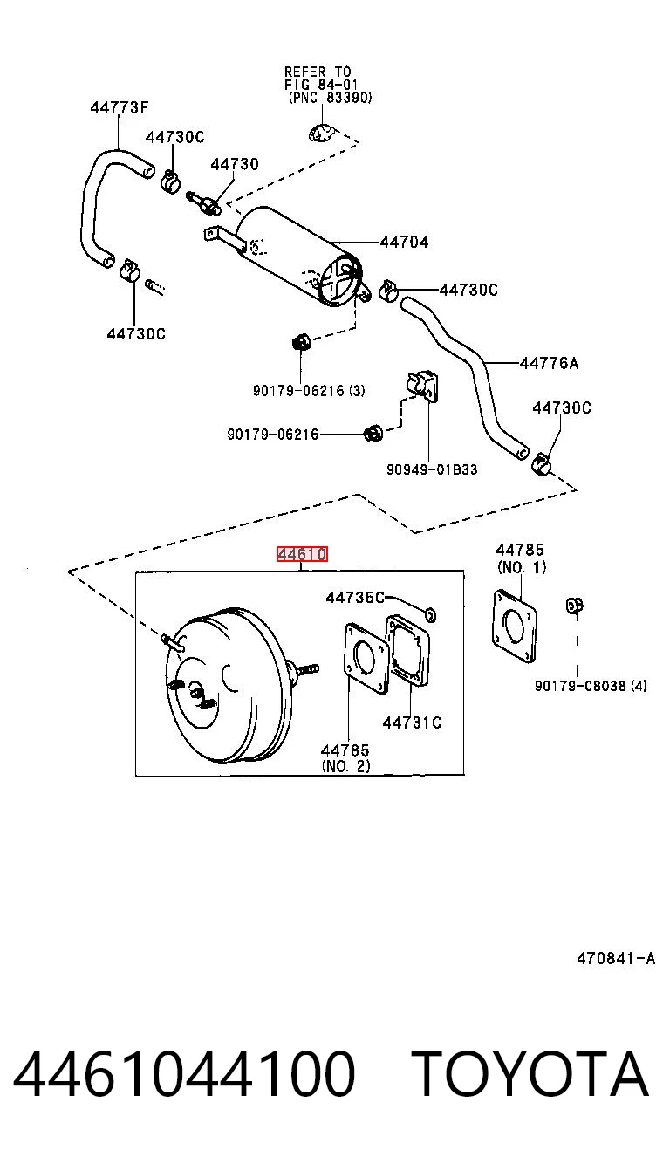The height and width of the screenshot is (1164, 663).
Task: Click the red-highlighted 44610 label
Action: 301,554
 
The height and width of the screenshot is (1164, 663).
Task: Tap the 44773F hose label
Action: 120,107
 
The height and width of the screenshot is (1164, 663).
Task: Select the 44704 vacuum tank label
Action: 404,242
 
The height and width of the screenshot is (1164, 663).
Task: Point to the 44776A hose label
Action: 549,363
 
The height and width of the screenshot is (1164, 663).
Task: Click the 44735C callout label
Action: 355,598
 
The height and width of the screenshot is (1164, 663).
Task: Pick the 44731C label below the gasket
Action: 412,722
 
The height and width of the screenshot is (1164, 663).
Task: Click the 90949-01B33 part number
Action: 432,469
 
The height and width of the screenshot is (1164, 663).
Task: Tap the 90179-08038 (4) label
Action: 591,686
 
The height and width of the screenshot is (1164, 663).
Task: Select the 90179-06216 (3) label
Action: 309,390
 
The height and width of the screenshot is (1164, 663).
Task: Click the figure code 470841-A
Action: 616,958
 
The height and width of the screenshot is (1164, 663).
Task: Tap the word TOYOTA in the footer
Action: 530,1073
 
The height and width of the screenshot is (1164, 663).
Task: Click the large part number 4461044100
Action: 184,1073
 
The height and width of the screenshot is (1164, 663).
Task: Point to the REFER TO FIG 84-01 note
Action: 327,84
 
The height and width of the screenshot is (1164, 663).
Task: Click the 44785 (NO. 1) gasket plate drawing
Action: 515,627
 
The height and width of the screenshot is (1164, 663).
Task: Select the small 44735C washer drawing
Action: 430,615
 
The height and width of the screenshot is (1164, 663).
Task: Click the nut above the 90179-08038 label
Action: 575,606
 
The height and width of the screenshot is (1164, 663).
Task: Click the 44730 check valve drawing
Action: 203,202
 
